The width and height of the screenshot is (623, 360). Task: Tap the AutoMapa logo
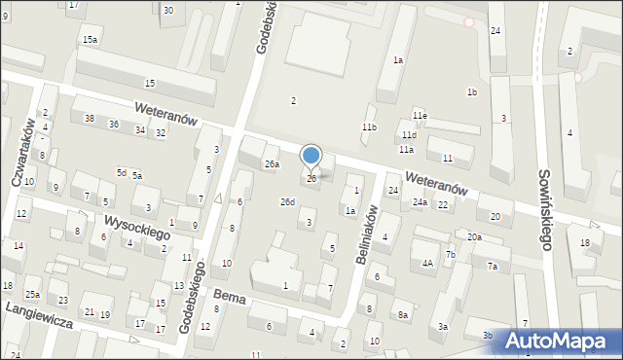[562, 341]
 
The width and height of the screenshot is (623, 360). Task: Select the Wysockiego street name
[138, 227]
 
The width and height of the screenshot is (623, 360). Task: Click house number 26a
[272, 164]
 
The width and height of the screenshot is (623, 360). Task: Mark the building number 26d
[287, 201]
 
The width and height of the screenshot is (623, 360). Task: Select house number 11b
[369, 127]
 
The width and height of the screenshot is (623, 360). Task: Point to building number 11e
[419, 116]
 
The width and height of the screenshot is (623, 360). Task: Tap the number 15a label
[90, 39]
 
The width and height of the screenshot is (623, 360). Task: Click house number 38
[90, 119]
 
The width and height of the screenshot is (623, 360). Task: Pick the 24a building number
[419, 202]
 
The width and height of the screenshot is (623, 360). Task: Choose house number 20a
[474, 237]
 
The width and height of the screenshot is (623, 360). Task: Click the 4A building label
[427, 263]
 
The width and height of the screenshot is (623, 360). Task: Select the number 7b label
[450, 255]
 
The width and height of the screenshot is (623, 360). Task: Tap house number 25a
[32, 294]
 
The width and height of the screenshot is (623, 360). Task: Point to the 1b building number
[471, 92]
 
